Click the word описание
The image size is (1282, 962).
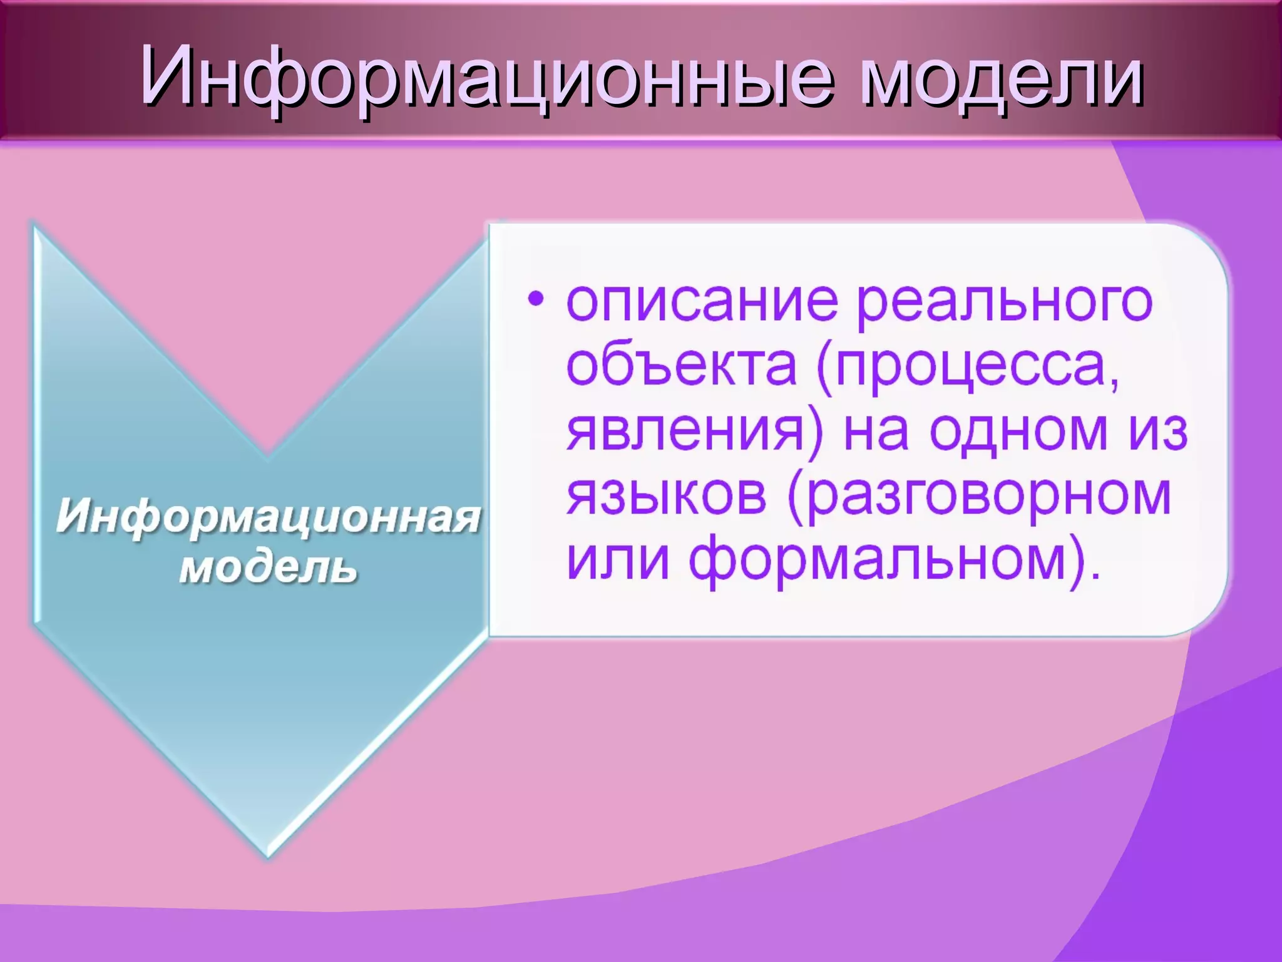pyautogui.click(x=702, y=303)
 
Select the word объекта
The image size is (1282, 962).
pyautogui.click(x=682, y=366)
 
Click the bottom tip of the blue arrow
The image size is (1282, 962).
pyautogui.click(x=268, y=853)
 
